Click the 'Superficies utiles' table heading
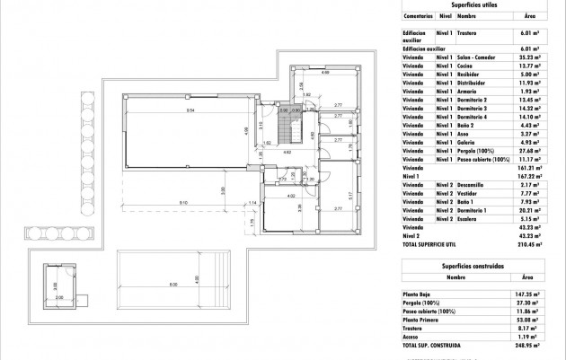(x=475, y=4)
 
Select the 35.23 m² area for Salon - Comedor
(x=529, y=56)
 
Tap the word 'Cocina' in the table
(x=464, y=66)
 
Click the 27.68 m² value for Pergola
(x=529, y=150)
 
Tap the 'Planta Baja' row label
(x=418, y=294)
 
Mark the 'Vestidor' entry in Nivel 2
(x=466, y=191)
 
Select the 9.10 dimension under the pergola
(x=183, y=203)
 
